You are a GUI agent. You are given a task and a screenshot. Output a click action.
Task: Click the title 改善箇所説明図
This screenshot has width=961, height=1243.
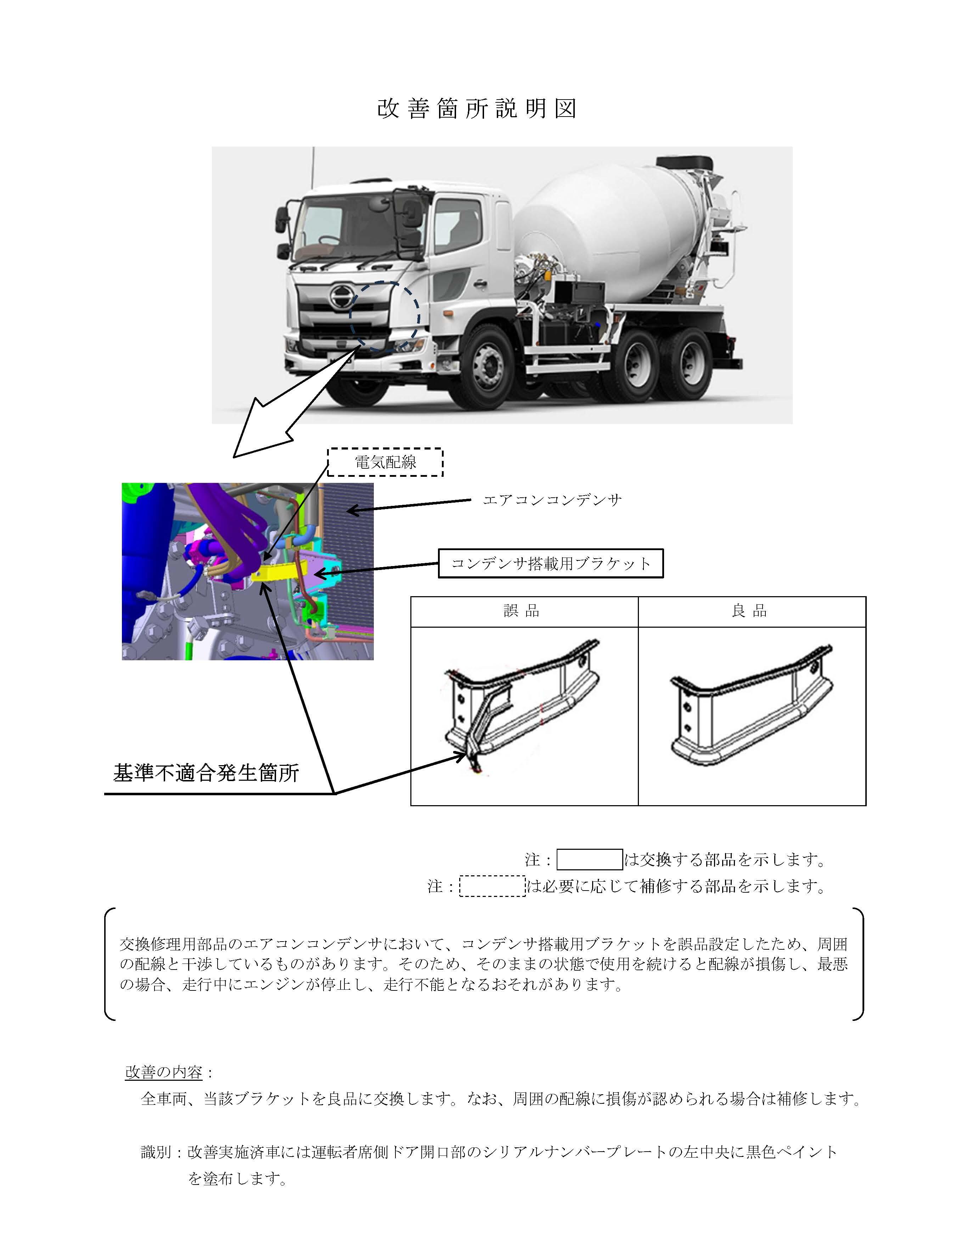pyautogui.click(x=477, y=108)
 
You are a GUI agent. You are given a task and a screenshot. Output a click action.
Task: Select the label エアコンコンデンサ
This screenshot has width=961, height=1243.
pyautogui.click(x=552, y=500)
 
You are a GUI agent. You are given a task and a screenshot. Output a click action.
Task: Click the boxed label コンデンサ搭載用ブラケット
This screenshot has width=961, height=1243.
pyautogui.click(x=551, y=564)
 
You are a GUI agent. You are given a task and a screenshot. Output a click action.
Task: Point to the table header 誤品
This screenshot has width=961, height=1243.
pyautogui.click(x=522, y=611)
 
